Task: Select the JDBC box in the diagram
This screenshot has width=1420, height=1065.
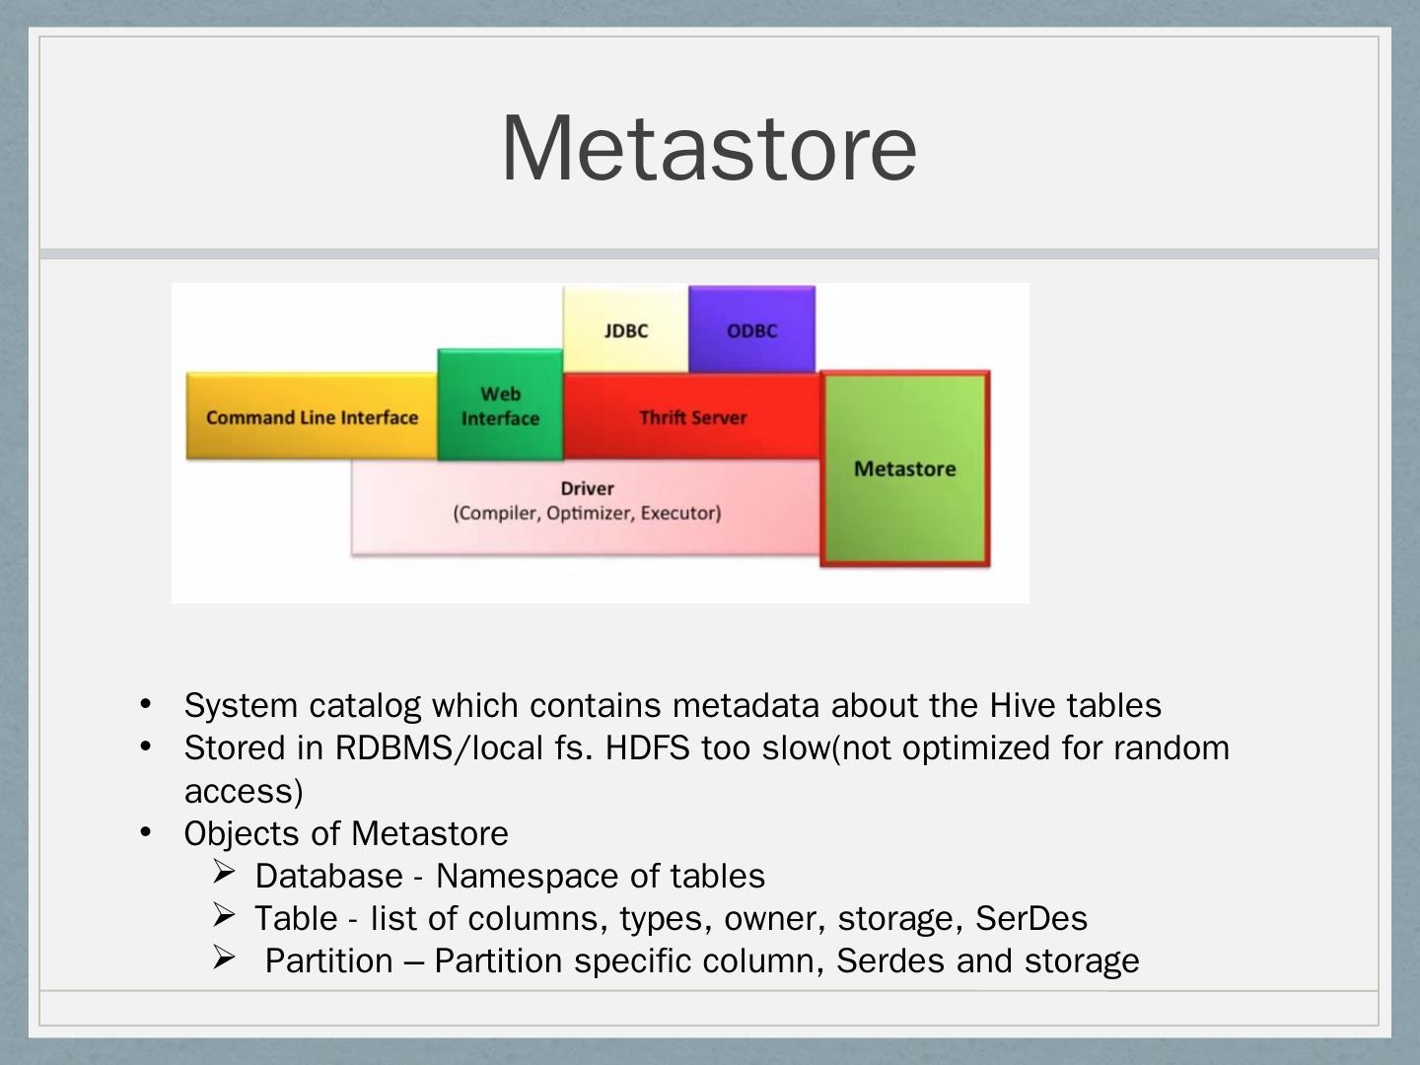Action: click(x=626, y=330)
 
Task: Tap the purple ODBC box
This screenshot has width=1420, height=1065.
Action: click(x=751, y=330)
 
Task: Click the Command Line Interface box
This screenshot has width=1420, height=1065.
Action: click(x=312, y=417)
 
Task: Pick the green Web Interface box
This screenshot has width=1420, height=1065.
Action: click(x=500, y=406)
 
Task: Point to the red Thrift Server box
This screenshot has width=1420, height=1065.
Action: click(x=692, y=417)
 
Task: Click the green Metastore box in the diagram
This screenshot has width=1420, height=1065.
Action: click(x=904, y=469)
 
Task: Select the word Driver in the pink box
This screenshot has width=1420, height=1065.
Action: click(x=587, y=488)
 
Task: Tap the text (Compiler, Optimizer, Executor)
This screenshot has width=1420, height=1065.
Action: click(x=587, y=514)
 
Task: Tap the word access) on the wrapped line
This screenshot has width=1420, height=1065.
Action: click(x=244, y=791)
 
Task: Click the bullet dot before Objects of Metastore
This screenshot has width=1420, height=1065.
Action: click(x=145, y=832)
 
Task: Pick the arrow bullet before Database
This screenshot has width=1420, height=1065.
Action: click(x=224, y=873)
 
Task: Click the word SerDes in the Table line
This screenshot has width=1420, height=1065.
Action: click(x=1030, y=918)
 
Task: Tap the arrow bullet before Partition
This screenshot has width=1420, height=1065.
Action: click(x=224, y=958)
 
